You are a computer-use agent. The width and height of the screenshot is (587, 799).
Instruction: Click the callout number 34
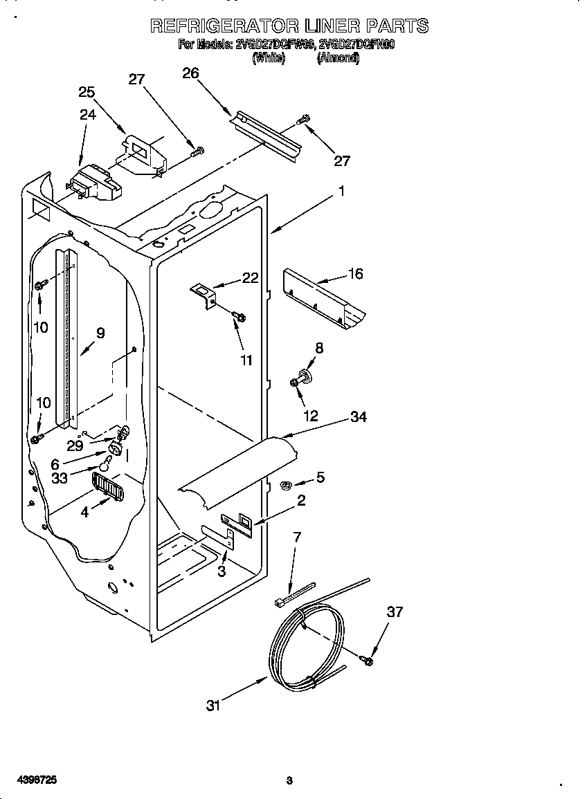tap(358, 416)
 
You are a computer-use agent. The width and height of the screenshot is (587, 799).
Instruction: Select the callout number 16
tap(355, 273)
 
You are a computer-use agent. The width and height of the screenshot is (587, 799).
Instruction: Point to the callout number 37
tap(395, 612)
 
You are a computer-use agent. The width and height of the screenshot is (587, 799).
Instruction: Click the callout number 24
tap(87, 115)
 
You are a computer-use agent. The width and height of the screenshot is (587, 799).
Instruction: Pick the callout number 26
tap(190, 73)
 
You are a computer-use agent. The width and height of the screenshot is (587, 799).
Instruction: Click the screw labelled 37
tap(366, 660)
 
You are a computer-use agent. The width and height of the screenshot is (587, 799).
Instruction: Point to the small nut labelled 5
tap(284, 485)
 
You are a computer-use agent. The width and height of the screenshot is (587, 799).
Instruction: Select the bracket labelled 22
tap(204, 293)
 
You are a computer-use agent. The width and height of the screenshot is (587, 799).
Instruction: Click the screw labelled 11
tap(240, 316)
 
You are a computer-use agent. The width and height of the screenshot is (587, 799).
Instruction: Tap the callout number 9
tap(100, 333)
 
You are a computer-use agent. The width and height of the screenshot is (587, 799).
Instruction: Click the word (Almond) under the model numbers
tap(338, 59)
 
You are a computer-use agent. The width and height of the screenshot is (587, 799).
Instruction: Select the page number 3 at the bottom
tap(289, 780)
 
